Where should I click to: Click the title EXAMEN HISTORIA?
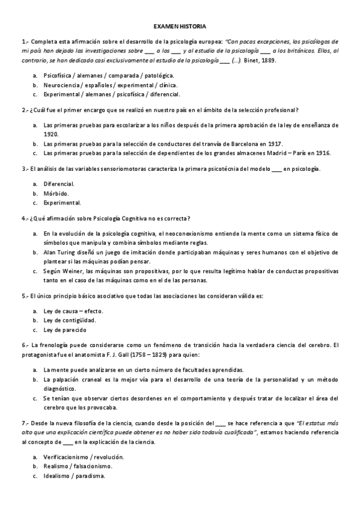click(180, 27)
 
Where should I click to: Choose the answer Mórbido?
click(56, 193)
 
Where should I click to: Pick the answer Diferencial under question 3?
click(59, 183)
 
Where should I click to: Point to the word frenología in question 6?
click(54, 345)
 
